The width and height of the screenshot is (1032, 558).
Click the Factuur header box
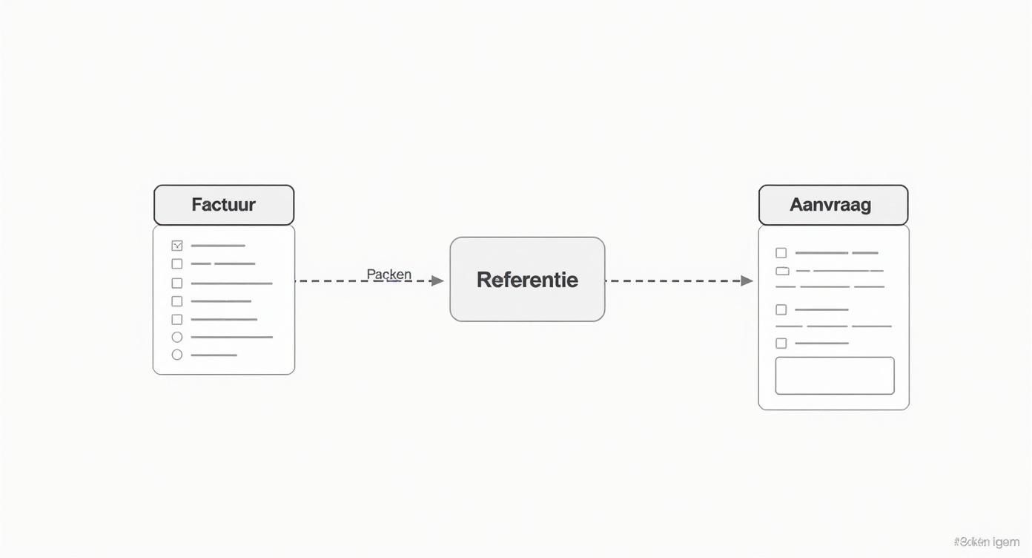point(223,205)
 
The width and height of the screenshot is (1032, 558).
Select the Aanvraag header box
point(833,205)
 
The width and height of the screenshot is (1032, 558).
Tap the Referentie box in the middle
point(527,280)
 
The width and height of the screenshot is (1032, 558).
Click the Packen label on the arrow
point(388,274)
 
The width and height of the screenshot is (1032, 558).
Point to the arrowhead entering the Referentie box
point(437,281)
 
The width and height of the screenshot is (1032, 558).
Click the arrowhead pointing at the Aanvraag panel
point(747,280)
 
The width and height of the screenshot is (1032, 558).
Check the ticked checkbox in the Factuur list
point(176,246)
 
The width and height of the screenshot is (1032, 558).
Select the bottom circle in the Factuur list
point(176,355)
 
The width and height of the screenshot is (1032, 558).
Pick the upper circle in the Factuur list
point(176,337)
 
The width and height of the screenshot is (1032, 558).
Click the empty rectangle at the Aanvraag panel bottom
point(834,375)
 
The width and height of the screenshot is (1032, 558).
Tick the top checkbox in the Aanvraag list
point(781,253)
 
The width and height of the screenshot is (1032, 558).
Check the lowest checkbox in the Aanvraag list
point(781,343)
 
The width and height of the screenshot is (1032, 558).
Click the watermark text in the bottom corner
point(985,542)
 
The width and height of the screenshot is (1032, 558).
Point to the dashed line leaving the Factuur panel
point(334,281)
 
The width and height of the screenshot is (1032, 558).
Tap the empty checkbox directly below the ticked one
point(176,263)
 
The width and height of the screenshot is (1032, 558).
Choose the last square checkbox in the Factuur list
point(176,319)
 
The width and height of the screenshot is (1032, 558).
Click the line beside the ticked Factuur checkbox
point(218,246)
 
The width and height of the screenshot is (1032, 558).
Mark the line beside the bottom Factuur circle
point(214,355)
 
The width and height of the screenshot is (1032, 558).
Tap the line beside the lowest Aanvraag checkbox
point(821,343)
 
